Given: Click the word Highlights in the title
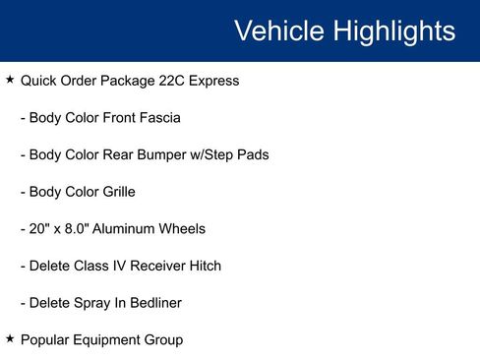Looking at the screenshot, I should [393, 30].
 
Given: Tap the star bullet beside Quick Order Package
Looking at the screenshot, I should [10, 80].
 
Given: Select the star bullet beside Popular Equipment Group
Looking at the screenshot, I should [10, 339].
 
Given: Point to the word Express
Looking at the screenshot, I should [213, 81].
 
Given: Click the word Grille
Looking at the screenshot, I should [114, 192].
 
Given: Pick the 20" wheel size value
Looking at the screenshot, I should [40, 228].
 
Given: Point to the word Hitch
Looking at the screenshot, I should [203, 266].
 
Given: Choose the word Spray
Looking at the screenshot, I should [89, 303].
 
